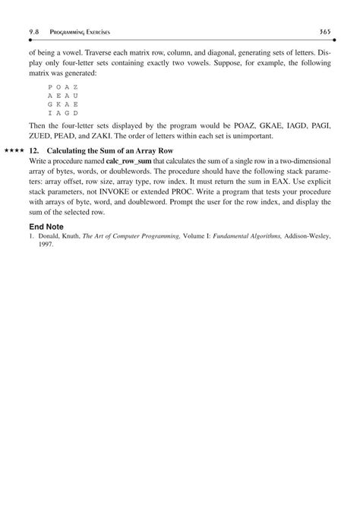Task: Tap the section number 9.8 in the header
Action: pos(34,30)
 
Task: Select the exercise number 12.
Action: pos(33,150)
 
